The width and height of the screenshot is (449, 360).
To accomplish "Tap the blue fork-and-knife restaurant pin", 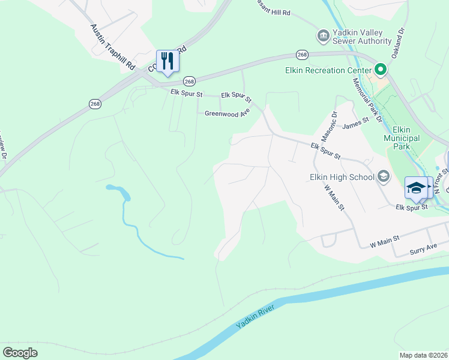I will [167, 61].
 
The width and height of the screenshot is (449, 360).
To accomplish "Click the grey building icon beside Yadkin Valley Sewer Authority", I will [323, 36].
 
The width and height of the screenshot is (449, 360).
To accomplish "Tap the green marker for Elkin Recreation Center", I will [379, 69].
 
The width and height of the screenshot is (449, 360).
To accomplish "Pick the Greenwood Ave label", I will [227, 113].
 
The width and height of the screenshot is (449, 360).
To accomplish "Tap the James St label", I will [354, 126].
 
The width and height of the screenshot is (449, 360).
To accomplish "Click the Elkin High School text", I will [341, 177].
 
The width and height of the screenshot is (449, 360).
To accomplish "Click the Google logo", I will [20, 353].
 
